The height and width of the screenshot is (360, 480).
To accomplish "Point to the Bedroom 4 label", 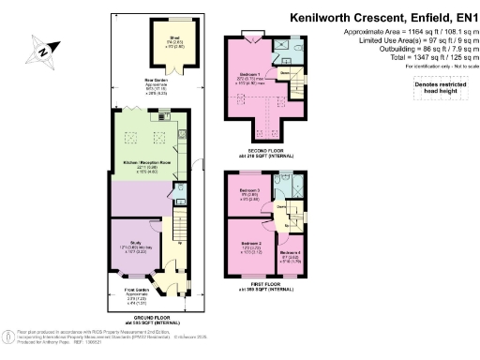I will [x=290, y=254].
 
